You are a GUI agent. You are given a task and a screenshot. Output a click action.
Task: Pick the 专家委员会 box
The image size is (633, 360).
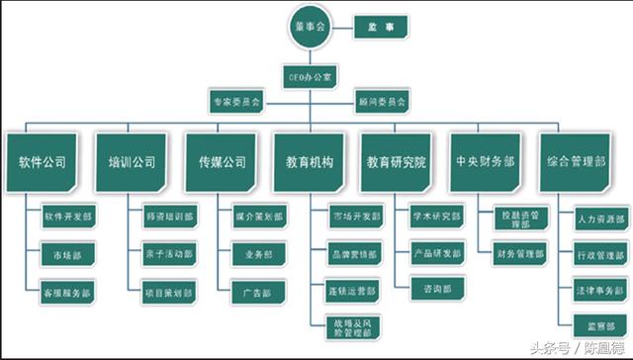[x=235, y=101]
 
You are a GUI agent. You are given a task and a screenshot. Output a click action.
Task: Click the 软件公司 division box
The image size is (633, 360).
[x=44, y=161]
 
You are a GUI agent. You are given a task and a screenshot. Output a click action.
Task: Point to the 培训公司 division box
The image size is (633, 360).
[x=134, y=161]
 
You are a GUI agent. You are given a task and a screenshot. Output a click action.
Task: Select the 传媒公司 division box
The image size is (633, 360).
[x=223, y=161]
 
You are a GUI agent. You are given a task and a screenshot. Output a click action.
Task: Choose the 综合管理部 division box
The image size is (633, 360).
[x=577, y=161]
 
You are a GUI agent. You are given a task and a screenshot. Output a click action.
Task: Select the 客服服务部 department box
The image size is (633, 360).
[x=67, y=293]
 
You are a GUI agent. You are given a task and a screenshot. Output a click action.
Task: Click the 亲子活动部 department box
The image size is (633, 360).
[x=164, y=254]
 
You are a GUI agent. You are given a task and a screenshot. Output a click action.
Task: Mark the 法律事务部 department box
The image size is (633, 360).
[x=599, y=289]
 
